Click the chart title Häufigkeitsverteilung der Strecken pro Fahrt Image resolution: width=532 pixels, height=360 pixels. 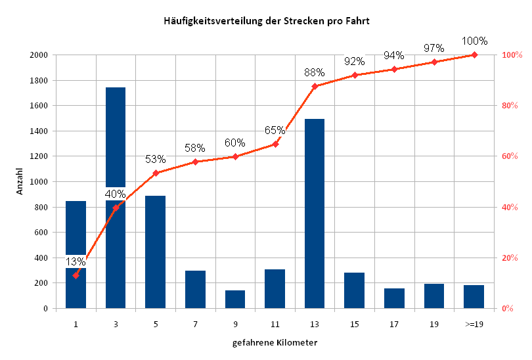coord(266,21)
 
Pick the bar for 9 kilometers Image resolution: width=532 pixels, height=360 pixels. coord(235,299)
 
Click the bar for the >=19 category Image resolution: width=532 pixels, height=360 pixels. coord(474,296)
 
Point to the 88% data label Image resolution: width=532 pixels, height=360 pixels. coord(315,73)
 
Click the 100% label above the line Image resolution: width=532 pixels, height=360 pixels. coord(474,41)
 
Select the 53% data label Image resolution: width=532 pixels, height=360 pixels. coord(156,160)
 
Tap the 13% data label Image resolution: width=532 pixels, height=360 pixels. coord(76,262)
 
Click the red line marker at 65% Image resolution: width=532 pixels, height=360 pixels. coord(275,144)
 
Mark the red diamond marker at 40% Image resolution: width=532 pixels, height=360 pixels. coord(116,208)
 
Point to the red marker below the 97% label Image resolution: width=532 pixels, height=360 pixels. coord(434,62)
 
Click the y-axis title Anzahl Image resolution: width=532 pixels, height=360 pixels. coord(20,181)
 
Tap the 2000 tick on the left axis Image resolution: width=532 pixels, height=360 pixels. coord(38,55)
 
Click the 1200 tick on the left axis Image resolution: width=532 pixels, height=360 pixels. coord(38,156)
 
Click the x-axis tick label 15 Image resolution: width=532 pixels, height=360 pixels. coord(355,324)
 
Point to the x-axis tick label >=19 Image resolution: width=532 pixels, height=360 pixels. coord(474,324)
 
